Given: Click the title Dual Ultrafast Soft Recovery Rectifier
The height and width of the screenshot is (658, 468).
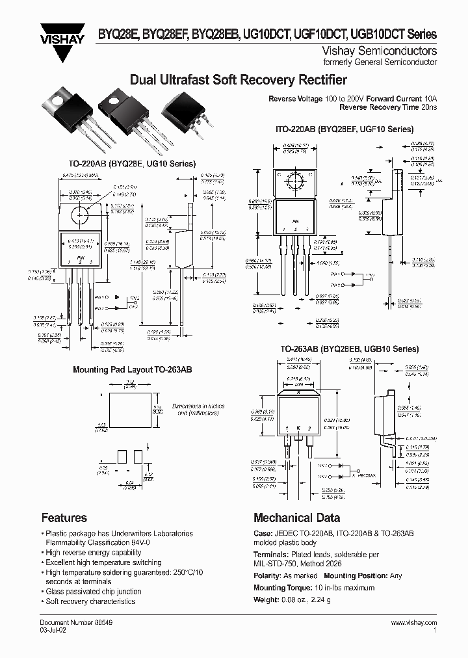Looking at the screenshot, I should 238,80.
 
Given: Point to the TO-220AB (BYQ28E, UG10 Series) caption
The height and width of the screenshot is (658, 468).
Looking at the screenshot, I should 132,164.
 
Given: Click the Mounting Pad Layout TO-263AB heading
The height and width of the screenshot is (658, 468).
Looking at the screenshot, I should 132,369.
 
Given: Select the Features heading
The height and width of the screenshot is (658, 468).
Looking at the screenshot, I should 64,518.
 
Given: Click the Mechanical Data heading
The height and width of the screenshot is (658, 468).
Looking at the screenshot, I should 296,518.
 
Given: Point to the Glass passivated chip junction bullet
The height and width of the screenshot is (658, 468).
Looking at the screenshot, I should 93,592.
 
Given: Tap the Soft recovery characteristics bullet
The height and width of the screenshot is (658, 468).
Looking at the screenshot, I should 90,601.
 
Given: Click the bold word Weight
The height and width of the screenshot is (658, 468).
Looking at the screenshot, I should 266,599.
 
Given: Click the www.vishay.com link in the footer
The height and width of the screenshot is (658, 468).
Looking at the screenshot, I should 413,622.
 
